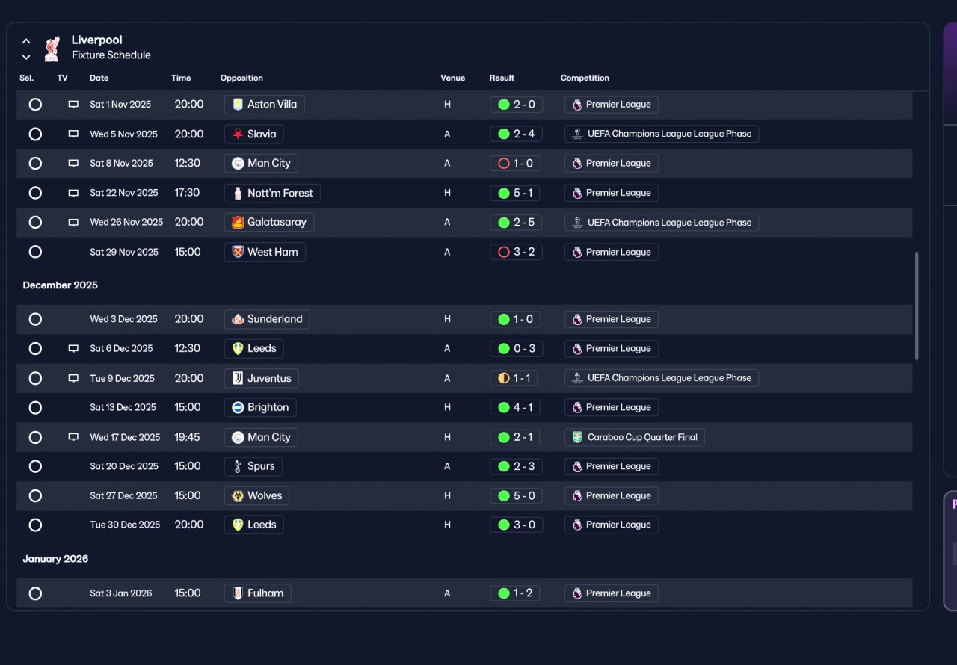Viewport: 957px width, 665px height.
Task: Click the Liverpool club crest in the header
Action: coord(52,49)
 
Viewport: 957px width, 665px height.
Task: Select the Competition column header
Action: coord(585,78)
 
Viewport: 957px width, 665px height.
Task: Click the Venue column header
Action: coord(452,78)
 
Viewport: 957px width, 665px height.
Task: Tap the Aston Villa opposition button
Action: coord(264,105)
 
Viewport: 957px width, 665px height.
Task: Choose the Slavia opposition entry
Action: coord(253,134)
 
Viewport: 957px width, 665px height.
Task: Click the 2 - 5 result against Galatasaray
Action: coord(516,223)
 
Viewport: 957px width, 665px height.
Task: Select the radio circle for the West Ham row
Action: coord(35,252)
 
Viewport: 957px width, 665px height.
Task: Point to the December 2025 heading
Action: coord(61,285)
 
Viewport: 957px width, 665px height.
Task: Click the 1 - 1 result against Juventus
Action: coord(514,378)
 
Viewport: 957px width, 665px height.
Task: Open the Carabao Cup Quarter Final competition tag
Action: coord(634,437)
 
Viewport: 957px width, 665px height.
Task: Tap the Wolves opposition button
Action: coord(256,495)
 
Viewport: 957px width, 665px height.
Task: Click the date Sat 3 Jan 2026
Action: coord(121,593)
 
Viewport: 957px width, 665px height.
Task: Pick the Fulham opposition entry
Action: coord(258,593)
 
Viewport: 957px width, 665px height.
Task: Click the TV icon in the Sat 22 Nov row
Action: coord(73,193)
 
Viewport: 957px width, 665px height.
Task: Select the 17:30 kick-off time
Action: coord(187,193)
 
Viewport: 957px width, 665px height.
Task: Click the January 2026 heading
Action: coord(55,559)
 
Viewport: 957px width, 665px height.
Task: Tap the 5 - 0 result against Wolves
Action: coord(516,496)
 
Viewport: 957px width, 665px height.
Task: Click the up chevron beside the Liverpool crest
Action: coord(26,41)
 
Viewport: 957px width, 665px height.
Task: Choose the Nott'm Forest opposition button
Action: coord(272,193)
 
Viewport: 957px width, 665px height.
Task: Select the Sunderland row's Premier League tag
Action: coord(611,319)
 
